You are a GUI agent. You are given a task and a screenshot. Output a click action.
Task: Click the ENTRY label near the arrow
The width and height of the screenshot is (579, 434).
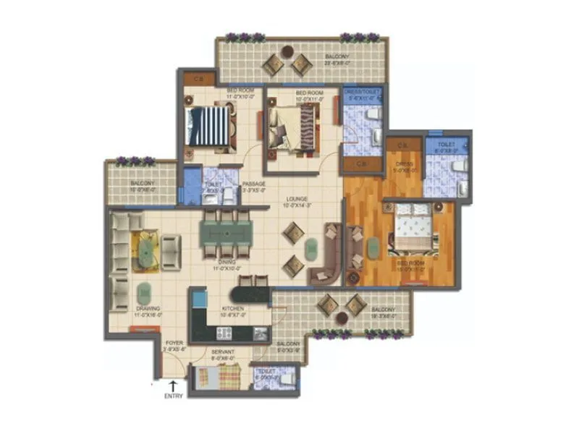(x=174, y=396)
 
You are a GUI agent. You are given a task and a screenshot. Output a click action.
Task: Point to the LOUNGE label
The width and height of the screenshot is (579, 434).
(x=297, y=199)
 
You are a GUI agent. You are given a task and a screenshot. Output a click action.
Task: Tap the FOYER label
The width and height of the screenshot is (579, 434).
(x=174, y=342)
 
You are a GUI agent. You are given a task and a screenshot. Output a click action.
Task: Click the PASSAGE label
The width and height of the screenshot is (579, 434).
(x=253, y=184)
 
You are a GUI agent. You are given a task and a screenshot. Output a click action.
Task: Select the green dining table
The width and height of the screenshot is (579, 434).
(x=225, y=234)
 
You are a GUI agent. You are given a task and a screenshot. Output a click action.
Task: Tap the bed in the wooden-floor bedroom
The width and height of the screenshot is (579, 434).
(x=414, y=231)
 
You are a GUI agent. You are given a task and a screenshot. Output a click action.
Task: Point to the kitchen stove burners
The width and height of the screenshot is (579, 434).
(x=224, y=333)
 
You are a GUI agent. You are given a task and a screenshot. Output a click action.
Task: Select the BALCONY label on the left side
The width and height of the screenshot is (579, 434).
(x=143, y=184)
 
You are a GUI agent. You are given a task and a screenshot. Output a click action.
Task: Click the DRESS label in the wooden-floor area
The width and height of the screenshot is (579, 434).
(x=403, y=165)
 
